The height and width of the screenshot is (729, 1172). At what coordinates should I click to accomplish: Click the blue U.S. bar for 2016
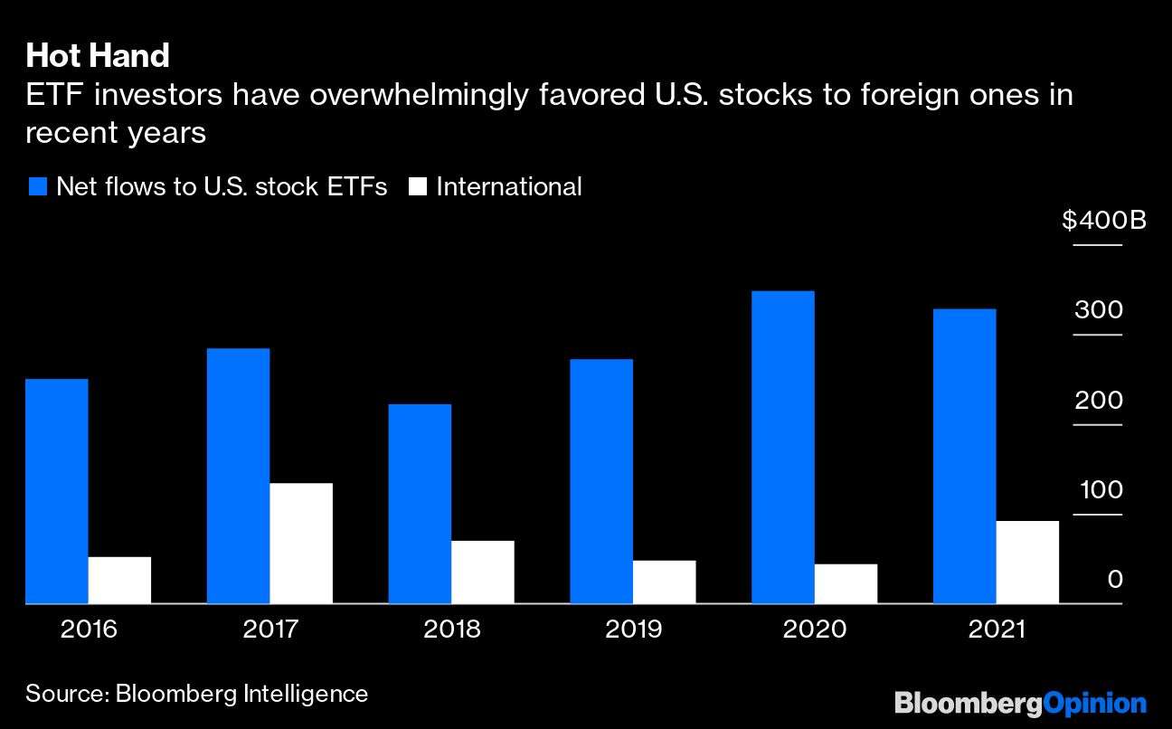pos(57,490)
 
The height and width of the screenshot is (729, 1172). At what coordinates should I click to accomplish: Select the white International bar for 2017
pos(301,543)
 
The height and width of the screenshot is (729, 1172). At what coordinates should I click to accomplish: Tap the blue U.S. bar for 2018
pos(420,503)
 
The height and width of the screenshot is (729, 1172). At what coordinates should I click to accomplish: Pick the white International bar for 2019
pos(664,582)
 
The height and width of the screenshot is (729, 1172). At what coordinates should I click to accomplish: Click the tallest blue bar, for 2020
pos(782,447)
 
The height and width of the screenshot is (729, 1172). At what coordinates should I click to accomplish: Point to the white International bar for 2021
pos(1027,562)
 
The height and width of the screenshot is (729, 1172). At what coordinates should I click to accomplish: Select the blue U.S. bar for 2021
pos(964,456)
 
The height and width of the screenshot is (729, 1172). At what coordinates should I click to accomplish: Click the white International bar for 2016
pos(119,580)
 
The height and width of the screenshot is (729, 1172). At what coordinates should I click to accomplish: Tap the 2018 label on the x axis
pos(451,629)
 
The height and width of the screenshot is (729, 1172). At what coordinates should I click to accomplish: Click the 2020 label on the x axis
pos(815,629)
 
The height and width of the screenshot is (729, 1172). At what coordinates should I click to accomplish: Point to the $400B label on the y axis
pos(1104,220)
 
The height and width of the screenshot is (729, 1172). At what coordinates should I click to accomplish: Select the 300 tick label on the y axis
pos(1098,310)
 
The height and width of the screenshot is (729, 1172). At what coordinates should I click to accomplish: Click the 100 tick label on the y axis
pos(1098,490)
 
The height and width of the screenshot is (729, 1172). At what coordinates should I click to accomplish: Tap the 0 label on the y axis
pos(1115,579)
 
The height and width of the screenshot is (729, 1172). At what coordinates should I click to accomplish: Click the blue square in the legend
pos(37,187)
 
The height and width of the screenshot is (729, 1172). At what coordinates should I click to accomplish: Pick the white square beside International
pos(418,187)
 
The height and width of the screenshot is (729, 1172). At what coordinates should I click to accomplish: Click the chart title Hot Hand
pos(98,56)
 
